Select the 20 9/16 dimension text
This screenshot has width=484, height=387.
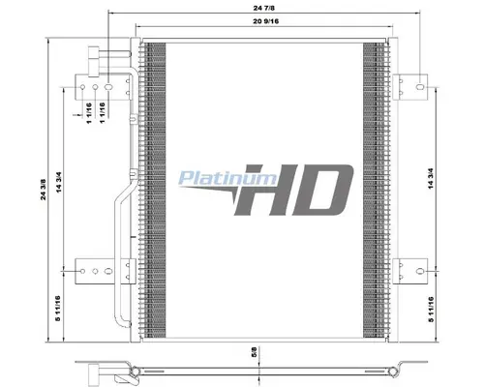tap(266, 21)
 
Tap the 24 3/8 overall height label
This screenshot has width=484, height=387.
tap(44, 190)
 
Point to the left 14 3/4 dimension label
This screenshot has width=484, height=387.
tap(59, 182)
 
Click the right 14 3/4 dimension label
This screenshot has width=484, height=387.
tap(431, 178)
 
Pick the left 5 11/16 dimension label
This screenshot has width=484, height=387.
tap(58, 309)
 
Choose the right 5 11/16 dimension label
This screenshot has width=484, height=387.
tap(431, 310)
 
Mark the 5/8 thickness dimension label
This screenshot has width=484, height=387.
tap(254, 352)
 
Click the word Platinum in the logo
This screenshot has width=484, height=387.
tap(227, 178)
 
